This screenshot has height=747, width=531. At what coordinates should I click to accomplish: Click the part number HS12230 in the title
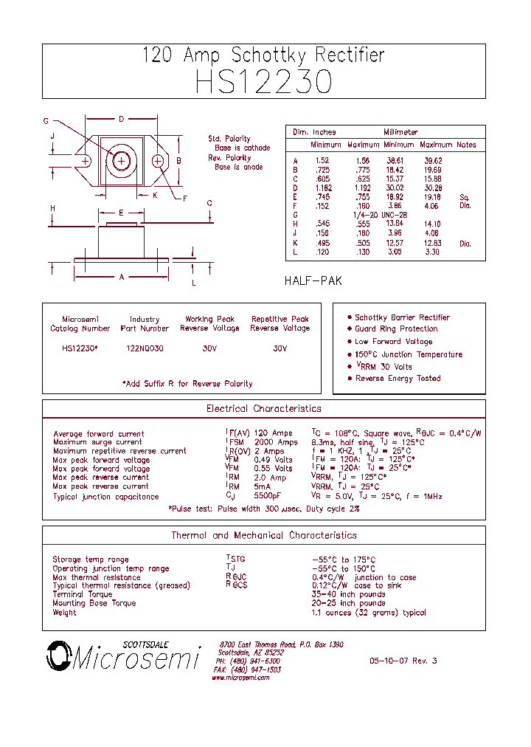tap(263, 82)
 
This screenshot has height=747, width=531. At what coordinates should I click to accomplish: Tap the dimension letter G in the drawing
tap(46, 121)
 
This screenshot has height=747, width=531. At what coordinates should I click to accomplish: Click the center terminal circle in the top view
tap(122, 160)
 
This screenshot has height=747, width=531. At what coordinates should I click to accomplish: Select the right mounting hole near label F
tap(158, 161)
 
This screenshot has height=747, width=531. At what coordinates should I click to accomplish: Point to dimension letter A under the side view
tap(122, 277)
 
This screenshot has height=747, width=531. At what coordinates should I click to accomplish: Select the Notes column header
tap(466, 145)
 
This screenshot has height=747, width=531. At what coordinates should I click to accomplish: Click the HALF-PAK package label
tap(313, 281)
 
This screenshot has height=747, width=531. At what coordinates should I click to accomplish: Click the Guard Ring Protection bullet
tap(396, 329)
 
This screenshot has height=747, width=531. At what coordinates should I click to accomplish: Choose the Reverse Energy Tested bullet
tap(398, 378)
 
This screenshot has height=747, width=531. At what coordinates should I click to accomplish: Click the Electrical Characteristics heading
tap(263, 408)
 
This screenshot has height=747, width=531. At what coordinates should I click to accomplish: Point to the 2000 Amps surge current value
tap(276, 442)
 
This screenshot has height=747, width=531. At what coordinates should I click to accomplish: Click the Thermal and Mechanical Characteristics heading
tap(263, 535)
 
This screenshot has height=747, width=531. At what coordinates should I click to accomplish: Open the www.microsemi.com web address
tap(240, 678)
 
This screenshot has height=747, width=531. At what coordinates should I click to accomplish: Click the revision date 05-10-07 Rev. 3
tap(403, 661)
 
